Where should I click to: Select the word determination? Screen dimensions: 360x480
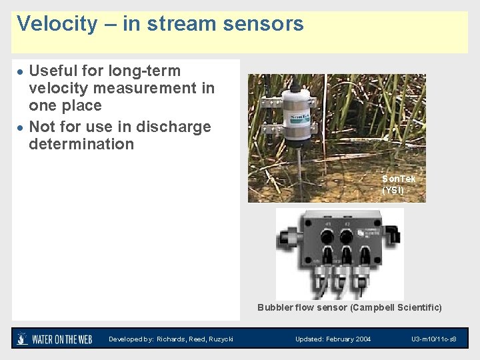click(81, 144)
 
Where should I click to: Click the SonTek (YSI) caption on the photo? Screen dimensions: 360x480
click(399, 185)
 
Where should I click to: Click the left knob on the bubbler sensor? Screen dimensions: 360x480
click(327, 237)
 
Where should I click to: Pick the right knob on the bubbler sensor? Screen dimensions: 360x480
click(347, 237)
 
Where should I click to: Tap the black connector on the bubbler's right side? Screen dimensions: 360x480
click(395, 234)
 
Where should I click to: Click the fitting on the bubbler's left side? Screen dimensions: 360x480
click(288, 237)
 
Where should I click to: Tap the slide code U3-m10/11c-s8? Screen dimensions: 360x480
click(434, 339)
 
